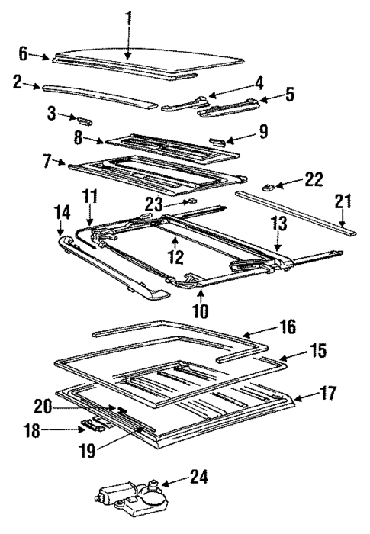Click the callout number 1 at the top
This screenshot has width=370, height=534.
click(129, 16)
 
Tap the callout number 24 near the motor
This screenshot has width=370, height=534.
click(198, 479)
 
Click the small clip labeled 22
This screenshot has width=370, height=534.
click(269, 186)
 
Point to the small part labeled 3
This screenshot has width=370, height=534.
click(82, 119)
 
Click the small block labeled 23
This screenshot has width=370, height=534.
click(192, 202)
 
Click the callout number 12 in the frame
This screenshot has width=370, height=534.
click(176, 258)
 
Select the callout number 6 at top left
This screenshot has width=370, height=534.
click(22, 53)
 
